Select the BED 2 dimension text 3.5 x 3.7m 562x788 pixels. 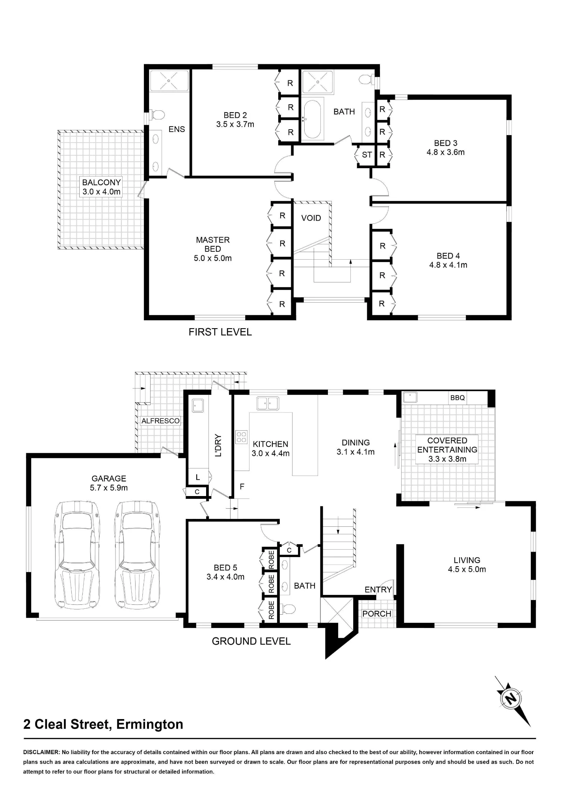pos(235,125)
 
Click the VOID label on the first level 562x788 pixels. pos(311,218)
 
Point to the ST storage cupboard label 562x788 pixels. pos(367,155)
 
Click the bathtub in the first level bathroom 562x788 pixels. pos(313,119)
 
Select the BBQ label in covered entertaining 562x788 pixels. pos(458,398)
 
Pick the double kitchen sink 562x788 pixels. pos(268,403)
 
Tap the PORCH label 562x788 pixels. pos(377,613)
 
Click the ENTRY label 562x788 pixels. pos(378,589)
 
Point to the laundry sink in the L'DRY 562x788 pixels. pos(198,405)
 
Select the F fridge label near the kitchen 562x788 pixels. pos(242,487)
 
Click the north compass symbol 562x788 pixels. pos(511,699)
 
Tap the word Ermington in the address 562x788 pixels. pos(150,724)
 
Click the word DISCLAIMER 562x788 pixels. pos(41,752)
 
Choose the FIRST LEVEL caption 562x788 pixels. pos(220,332)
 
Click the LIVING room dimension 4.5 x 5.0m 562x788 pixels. pos(467,569)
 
